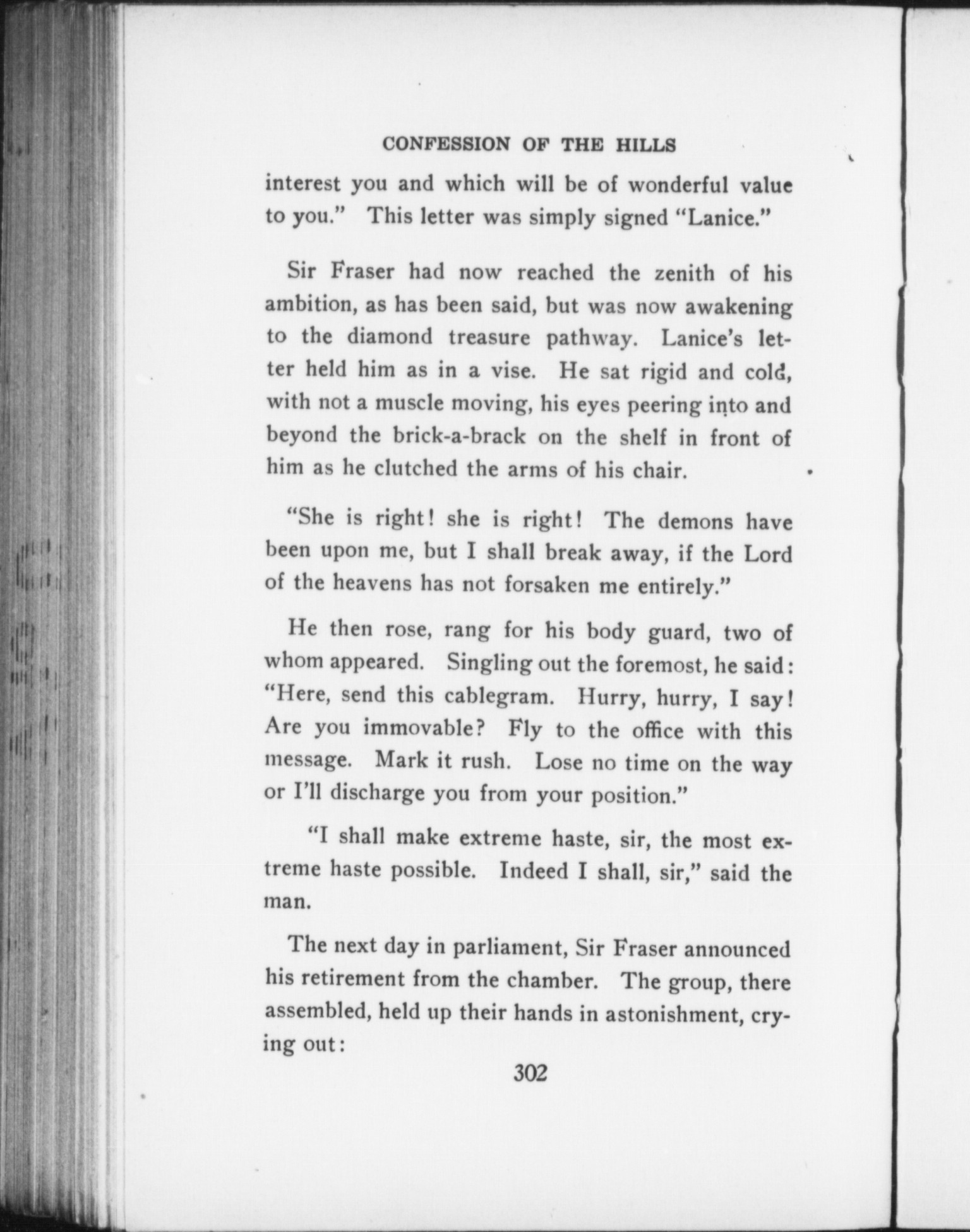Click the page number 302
point(530,1072)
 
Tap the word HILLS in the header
point(645,145)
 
